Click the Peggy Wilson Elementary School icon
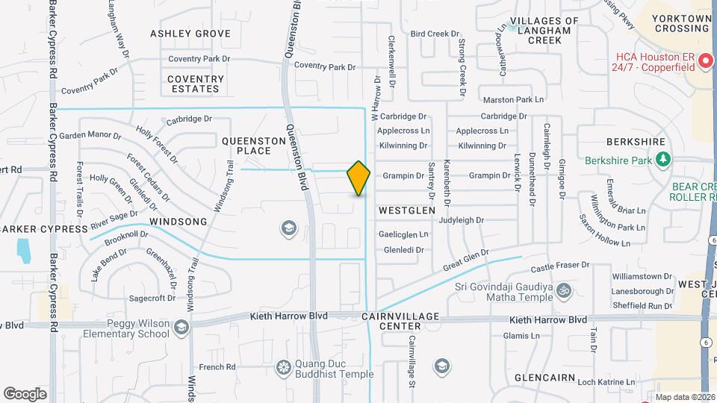[x=181, y=327]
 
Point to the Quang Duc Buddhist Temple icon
[x=283, y=366]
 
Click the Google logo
[x=25, y=393]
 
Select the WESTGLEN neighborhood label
[x=406, y=211]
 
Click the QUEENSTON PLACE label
[x=249, y=146]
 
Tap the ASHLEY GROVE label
[x=190, y=34]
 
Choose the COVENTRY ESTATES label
[x=196, y=84]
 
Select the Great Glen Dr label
[x=465, y=259]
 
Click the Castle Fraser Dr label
[x=560, y=267]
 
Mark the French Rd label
[x=217, y=367]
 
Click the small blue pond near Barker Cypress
[x=23, y=250]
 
